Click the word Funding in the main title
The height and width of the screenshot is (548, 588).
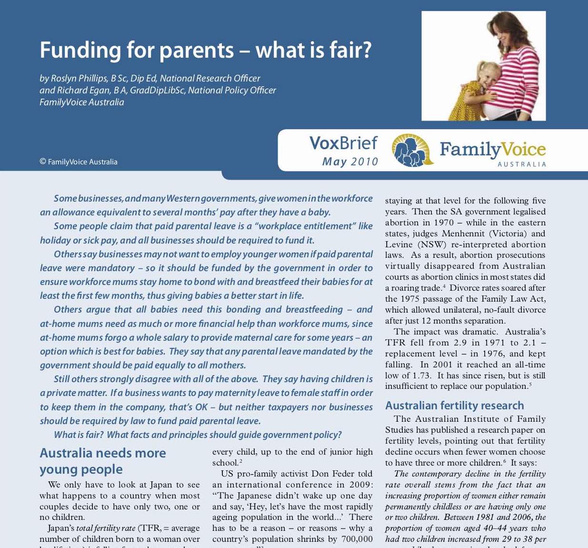click(x=80, y=51)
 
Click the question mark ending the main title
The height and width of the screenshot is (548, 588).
click(x=366, y=51)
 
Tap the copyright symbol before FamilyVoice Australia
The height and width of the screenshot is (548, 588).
click(x=43, y=162)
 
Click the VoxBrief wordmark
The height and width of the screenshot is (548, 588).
click(x=343, y=143)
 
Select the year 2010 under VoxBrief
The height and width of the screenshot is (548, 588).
click(x=365, y=162)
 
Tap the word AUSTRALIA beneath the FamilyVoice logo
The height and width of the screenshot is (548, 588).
click(x=522, y=164)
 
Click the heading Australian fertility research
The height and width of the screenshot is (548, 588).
click(x=454, y=406)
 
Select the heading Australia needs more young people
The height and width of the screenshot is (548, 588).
click(x=103, y=461)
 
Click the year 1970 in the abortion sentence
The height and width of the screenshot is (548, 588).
click(x=445, y=223)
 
